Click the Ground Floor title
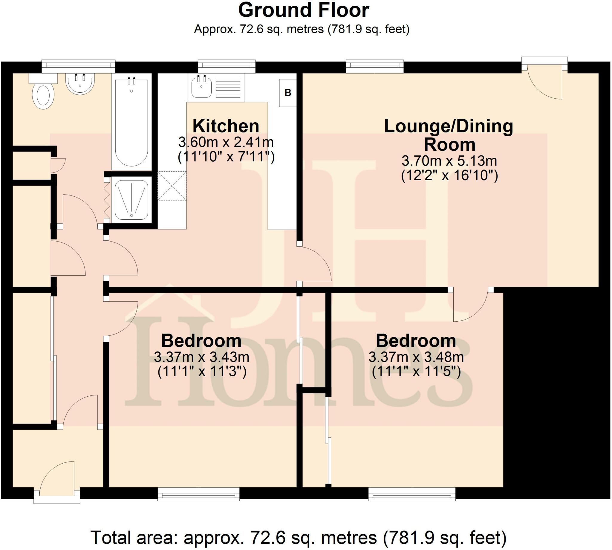(303, 10)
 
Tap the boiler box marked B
(287, 93)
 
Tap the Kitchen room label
(226, 126)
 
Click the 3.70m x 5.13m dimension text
(449, 161)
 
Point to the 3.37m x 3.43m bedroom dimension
(201, 357)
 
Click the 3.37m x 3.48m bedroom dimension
(416, 357)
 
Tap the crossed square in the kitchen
(172, 186)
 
